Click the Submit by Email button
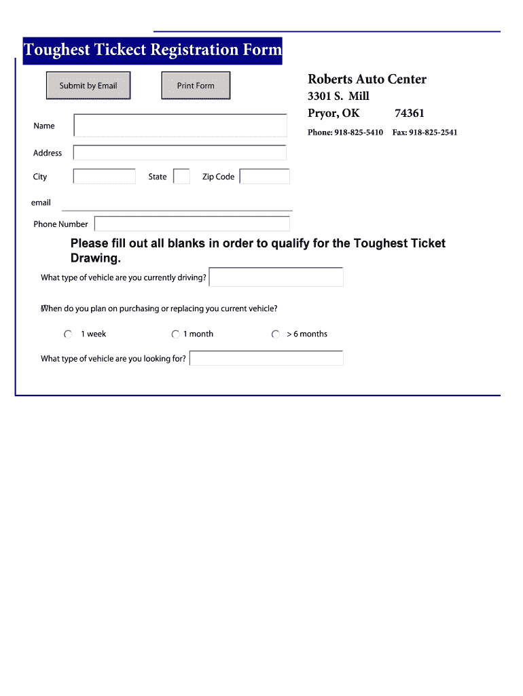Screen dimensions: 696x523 (88, 86)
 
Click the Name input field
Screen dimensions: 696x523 (180, 126)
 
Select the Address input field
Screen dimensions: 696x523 (179, 153)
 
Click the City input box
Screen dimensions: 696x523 (104, 177)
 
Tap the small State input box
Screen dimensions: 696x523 (181, 177)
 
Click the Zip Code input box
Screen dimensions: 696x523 (264, 177)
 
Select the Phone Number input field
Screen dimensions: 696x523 (192, 224)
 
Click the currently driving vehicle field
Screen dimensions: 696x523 (276, 277)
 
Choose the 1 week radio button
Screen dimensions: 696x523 (68, 334)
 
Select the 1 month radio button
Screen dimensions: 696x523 (176, 334)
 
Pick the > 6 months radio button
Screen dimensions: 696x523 (276, 334)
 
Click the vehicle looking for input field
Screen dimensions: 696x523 (266, 358)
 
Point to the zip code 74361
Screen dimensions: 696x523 (409, 114)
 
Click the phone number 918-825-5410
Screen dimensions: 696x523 (358, 133)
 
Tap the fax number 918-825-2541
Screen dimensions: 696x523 (433, 133)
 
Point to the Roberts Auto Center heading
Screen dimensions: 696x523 (367, 80)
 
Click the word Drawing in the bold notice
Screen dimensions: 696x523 (95, 258)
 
